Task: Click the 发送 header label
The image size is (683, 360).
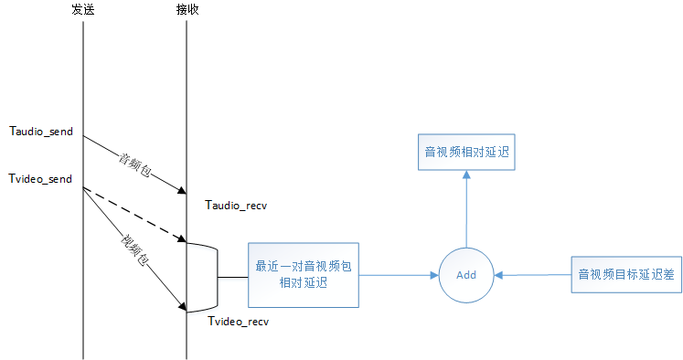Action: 83,9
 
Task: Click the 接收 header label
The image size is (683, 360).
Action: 187,9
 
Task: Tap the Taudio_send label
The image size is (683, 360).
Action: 40,132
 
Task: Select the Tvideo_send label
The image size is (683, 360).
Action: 40,178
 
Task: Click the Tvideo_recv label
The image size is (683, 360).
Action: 239,322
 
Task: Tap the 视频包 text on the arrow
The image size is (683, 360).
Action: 134,249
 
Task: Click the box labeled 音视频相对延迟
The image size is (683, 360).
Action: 466,152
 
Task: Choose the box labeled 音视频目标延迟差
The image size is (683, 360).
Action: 626,273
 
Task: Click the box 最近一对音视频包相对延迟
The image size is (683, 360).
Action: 304,274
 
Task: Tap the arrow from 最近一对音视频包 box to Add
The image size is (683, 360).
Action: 399,274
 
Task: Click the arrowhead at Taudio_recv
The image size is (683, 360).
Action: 181,191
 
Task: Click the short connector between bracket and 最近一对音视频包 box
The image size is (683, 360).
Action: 234,277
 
